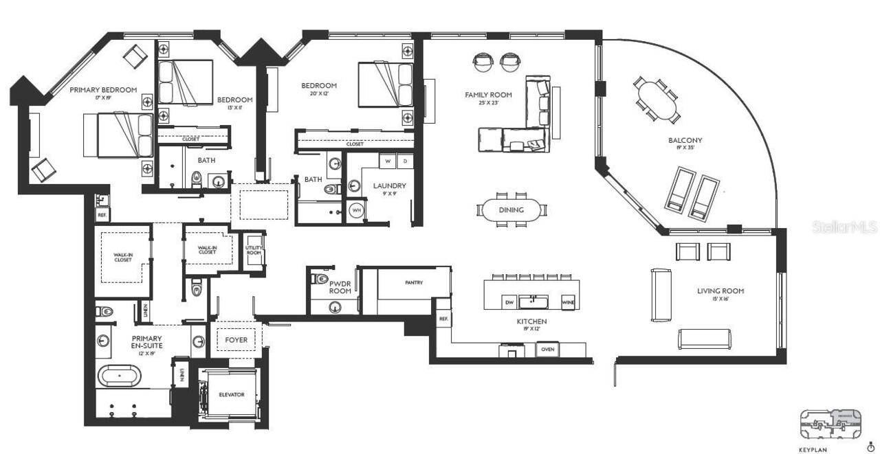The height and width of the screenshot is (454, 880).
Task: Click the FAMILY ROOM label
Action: coord(486,96)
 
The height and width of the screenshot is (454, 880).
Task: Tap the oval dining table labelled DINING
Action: coord(511,210)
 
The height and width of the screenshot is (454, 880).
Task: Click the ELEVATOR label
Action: coord(231,395)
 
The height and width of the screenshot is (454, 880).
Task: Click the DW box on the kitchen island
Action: coord(509,302)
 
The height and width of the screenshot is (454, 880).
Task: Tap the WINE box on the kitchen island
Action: coord(568,302)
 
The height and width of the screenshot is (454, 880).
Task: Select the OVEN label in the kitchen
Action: coord(548,350)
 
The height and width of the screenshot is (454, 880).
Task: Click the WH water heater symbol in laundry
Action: coord(356,210)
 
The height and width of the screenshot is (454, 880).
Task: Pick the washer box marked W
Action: coord(388,161)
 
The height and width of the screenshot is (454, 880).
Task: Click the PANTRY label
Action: coord(414,282)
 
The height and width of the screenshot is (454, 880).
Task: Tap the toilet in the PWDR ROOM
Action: coord(320,279)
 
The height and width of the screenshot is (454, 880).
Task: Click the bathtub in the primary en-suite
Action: coord(120,376)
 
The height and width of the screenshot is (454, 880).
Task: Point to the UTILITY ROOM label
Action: coord(254,250)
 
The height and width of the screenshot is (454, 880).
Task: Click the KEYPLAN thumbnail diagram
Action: coord(830,424)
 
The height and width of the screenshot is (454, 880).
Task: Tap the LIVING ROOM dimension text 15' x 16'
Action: coord(720,299)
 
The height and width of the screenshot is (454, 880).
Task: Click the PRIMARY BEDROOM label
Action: coord(103,90)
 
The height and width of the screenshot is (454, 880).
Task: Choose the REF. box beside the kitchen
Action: coord(443,319)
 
